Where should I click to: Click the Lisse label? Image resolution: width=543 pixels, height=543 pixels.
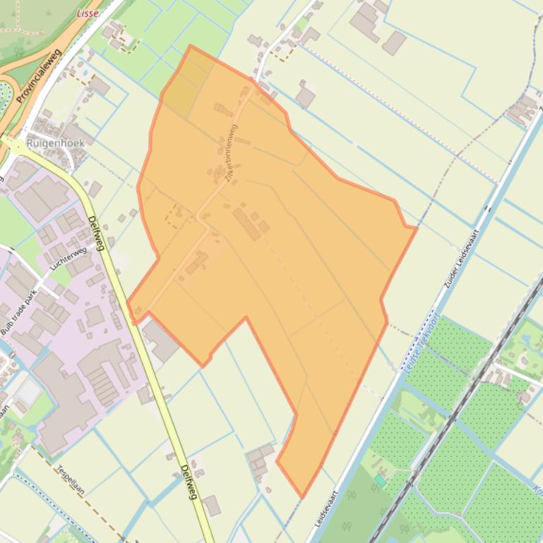(87, 13)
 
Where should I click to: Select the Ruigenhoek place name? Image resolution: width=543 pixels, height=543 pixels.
(55, 142)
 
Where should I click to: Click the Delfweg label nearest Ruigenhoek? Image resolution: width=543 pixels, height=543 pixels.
(98, 233)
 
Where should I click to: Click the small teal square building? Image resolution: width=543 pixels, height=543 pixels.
(380, 480)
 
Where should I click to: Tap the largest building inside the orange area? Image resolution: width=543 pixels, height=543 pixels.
(247, 224)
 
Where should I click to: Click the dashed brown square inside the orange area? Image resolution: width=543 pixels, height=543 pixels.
(174, 216)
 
